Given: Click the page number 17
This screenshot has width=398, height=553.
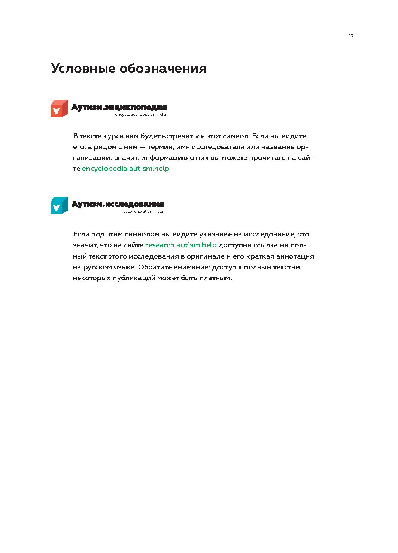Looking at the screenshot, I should click(x=351, y=36).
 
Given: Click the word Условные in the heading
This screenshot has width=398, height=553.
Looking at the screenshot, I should click(x=83, y=69).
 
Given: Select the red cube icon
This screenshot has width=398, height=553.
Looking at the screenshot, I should click(x=59, y=109).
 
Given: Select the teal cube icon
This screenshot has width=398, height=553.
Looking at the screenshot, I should click(x=59, y=206).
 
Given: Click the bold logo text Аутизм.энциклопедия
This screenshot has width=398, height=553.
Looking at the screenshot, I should click(x=119, y=108).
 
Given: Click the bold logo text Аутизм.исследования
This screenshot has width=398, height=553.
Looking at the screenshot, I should click(x=117, y=204).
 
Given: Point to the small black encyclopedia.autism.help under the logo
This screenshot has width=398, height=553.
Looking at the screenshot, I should click(x=140, y=115).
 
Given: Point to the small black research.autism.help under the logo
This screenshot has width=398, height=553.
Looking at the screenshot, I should click(x=142, y=212).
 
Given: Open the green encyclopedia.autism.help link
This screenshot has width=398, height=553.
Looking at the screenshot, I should click(x=125, y=169).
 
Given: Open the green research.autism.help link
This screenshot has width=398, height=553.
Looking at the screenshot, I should click(x=181, y=245).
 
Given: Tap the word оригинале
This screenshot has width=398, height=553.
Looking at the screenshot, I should click(x=203, y=257).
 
